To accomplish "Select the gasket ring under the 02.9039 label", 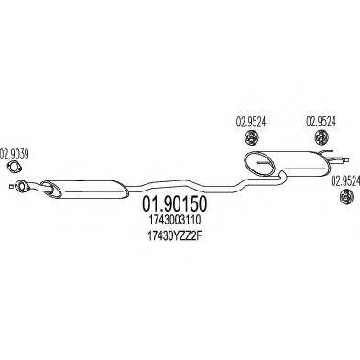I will [x=13, y=167].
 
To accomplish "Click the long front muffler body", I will [x=88, y=190].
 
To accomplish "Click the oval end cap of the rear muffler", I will [x=260, y=165].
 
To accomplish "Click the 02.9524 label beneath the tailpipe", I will [x=344, y=180].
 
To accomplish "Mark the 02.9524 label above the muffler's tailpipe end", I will [x=322, y=120].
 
